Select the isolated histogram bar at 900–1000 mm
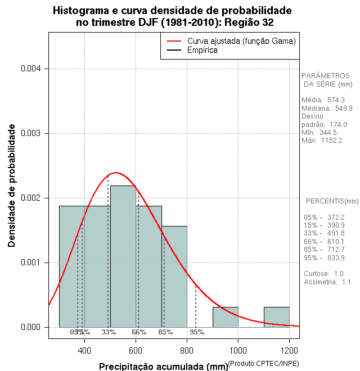(225, 317)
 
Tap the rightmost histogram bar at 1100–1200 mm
(276, 317)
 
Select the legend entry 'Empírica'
(202, 51)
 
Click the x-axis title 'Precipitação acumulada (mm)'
(163, 367)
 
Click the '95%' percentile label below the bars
(197, 332)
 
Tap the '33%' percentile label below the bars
(109, 332)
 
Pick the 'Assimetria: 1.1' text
(327, 282)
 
